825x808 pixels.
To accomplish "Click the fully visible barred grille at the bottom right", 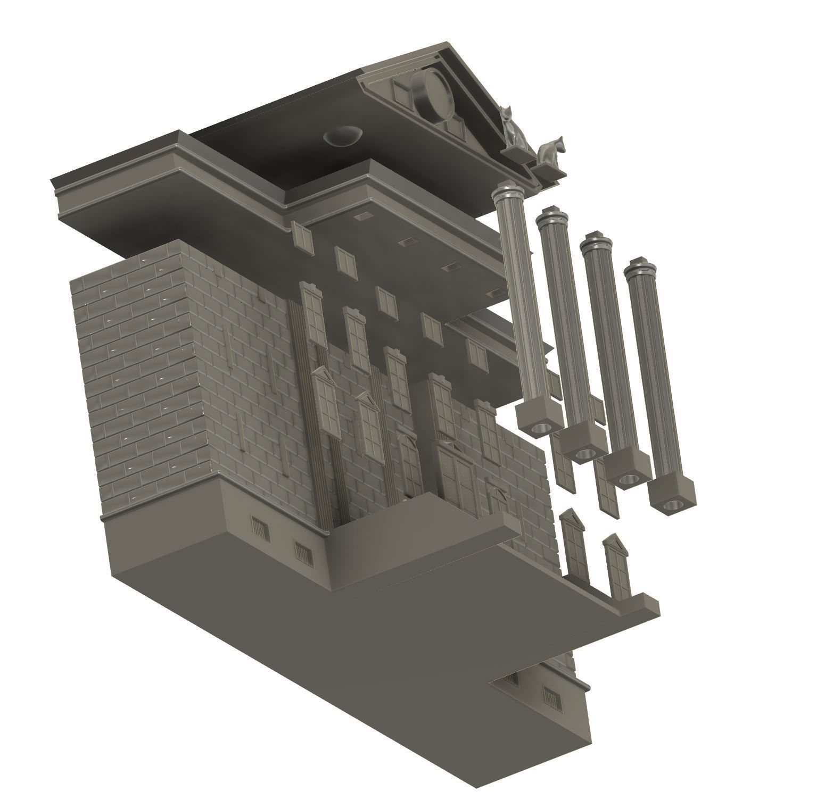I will (552, 698).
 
